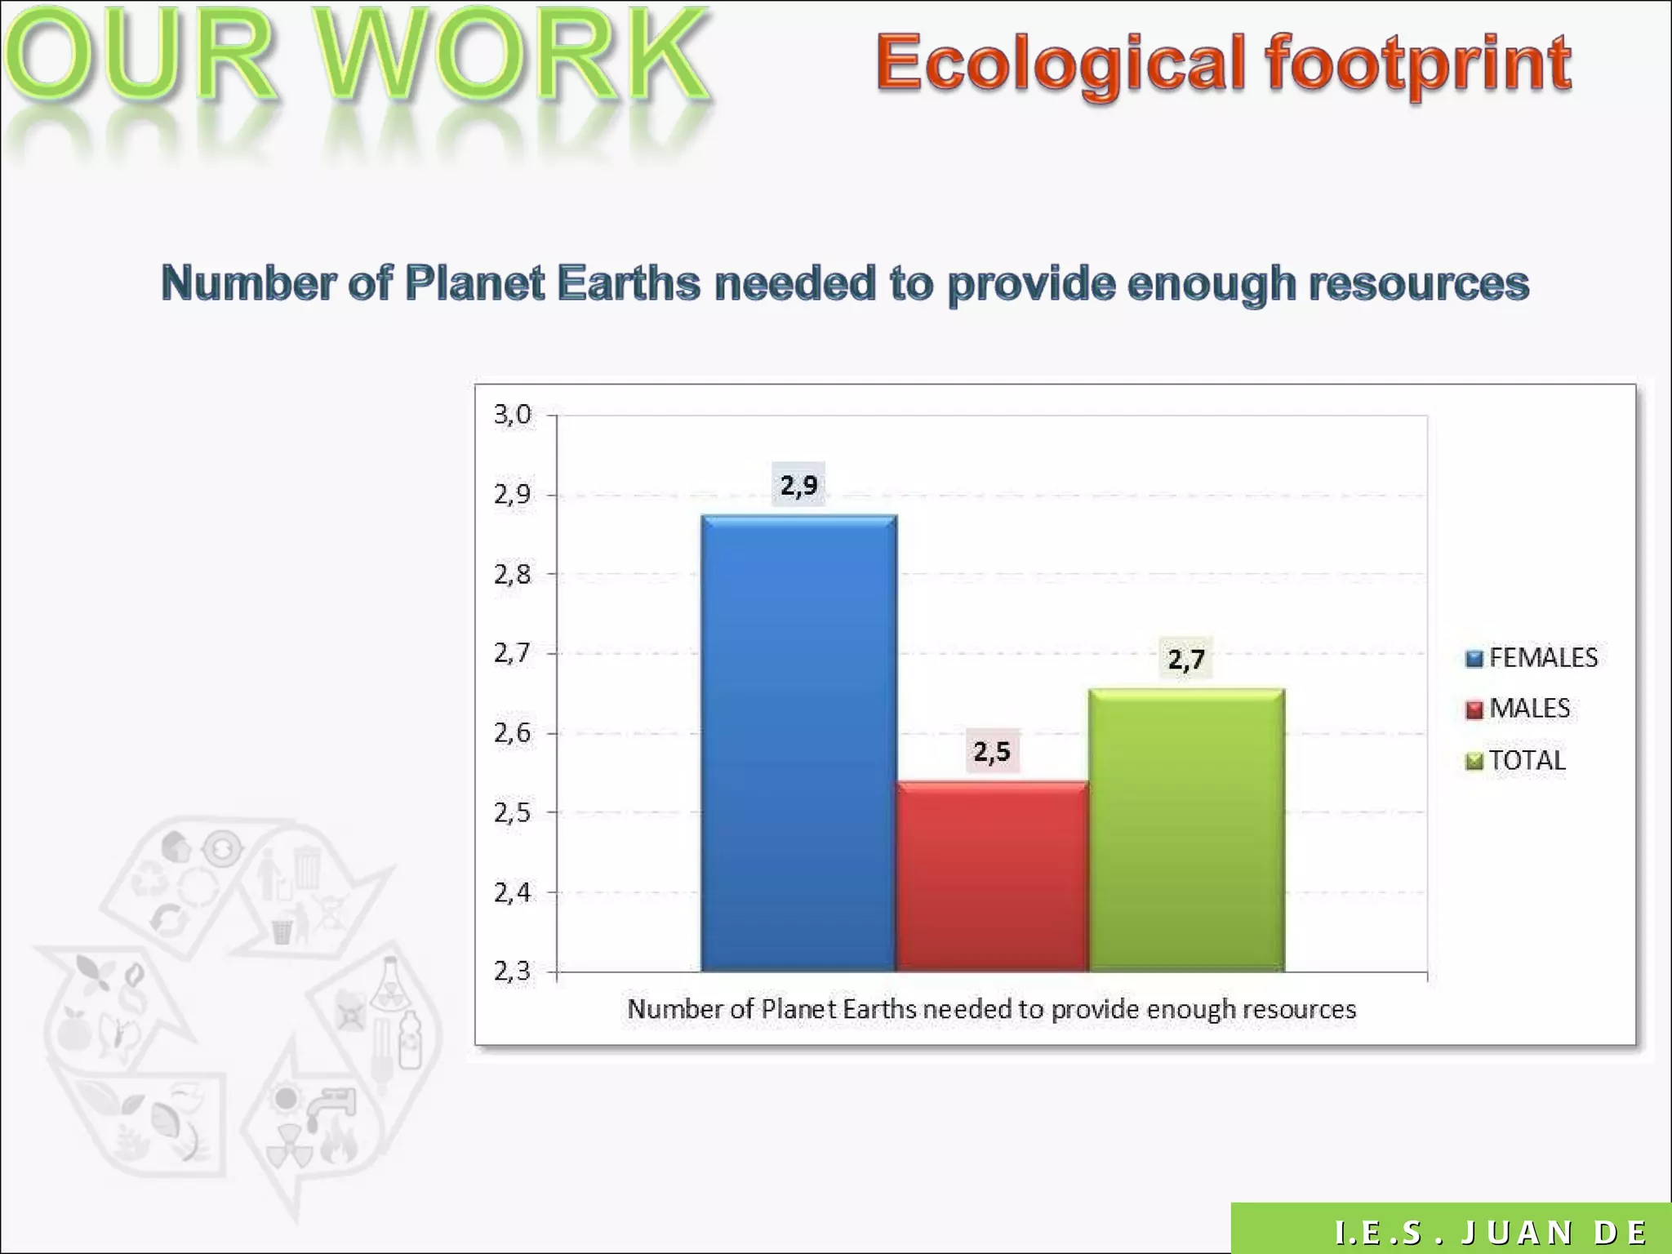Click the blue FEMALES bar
(798, 743)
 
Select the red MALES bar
(992, 876)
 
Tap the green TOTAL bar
(1186, 829)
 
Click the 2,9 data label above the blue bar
(798, 486)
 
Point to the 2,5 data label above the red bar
(992, 751)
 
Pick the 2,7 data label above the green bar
(1186, 659)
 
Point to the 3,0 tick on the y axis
(513, 415)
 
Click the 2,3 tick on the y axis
(513, 972)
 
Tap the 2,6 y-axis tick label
(513, 733)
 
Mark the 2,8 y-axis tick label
(513, 575)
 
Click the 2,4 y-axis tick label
(513, 893)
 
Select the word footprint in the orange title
(1417, 64)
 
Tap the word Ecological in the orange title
(1061, 64)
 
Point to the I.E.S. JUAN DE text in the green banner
(1491, 1232)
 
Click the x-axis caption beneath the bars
(991, 1010)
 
